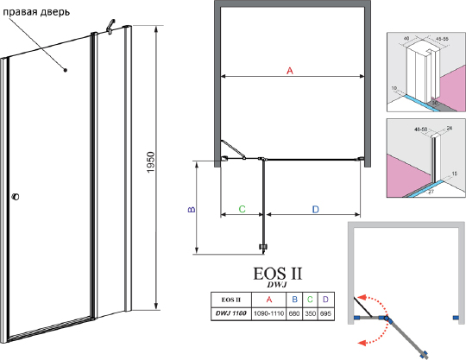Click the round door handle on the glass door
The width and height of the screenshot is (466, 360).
coord(15,200)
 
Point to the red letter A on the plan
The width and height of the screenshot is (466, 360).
coord(290,72)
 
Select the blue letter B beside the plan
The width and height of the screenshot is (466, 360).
coord(192,208)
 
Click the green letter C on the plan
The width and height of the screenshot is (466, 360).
coord(242,208)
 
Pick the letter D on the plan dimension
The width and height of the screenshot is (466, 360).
coord(315,208)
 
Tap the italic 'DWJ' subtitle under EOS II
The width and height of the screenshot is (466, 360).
coord(275,285)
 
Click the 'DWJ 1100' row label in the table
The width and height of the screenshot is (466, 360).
coord(231,312)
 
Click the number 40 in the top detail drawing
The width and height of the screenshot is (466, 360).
coord(405,39)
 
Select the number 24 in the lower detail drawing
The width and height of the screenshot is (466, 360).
coord(450,128)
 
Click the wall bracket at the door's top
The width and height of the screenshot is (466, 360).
coord(110,30)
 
